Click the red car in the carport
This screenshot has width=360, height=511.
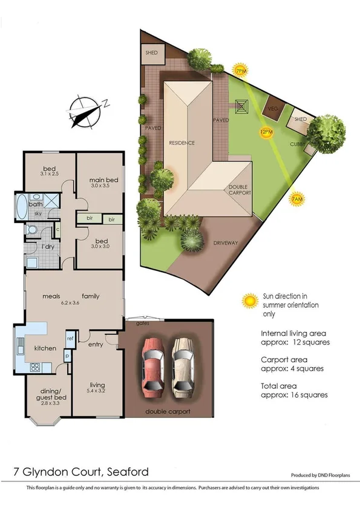153,367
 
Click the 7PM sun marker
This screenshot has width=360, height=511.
241,71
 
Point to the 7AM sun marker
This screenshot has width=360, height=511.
296,199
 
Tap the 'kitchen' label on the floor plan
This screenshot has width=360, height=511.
45,348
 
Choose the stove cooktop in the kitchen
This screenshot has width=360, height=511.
34,366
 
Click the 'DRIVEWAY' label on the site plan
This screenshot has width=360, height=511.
225,243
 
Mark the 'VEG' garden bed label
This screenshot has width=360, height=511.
272,109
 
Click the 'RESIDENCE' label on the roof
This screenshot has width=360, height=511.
182,143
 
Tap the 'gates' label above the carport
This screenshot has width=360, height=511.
143,324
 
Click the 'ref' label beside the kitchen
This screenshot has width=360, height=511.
70,338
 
